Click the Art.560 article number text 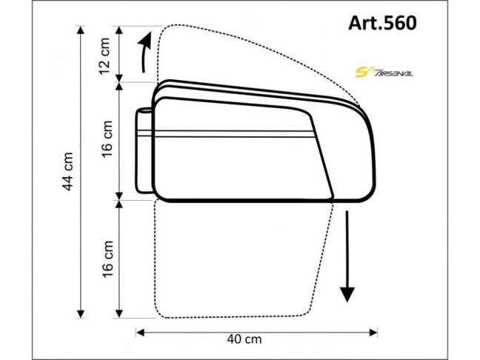(381, 22)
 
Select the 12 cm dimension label (107, 54)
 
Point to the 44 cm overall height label (67, 172)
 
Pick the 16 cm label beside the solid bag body (107, 139)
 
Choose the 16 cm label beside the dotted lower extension (107, 256)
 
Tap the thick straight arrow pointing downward (345, 256)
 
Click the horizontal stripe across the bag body (230, 134)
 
